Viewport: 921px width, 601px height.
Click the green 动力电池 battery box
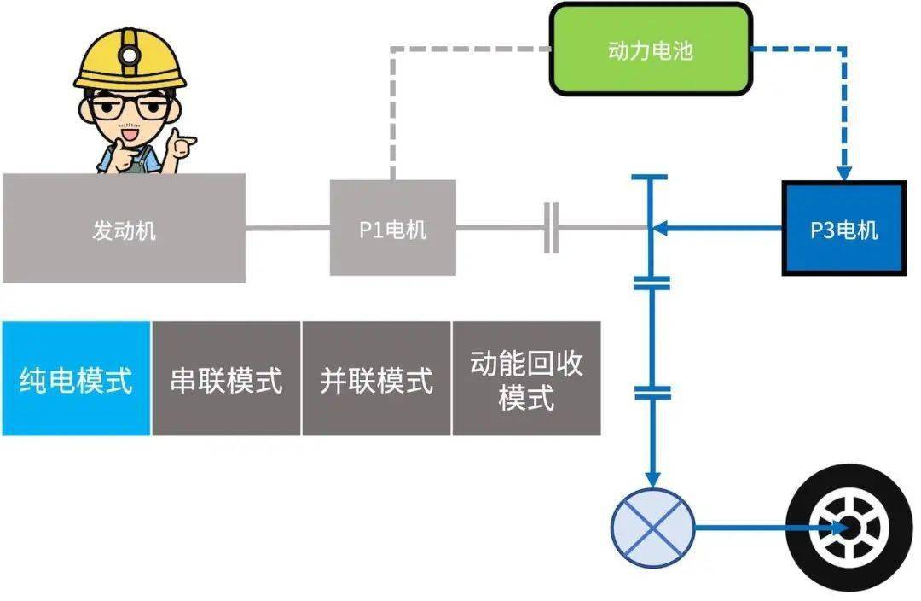pos(651,50)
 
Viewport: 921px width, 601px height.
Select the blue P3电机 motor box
pos(843,228)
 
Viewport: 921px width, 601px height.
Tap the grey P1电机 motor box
pos(392,228)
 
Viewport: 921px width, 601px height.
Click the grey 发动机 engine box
pos(124,228)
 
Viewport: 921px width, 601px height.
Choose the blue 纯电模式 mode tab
pos(76,378)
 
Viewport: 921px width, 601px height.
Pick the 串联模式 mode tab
pos(226,378)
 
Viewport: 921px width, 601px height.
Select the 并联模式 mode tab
pos(376,378)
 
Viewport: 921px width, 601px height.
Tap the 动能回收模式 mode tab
pos(526,378)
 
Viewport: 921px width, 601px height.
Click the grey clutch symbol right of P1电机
pos(551,228)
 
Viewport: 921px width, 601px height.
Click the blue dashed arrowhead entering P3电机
pos(844,171)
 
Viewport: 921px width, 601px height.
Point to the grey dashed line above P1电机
pos(391,111)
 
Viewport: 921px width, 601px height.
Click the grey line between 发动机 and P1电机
pos(287,228)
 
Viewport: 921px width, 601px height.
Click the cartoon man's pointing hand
pos(182,145)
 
